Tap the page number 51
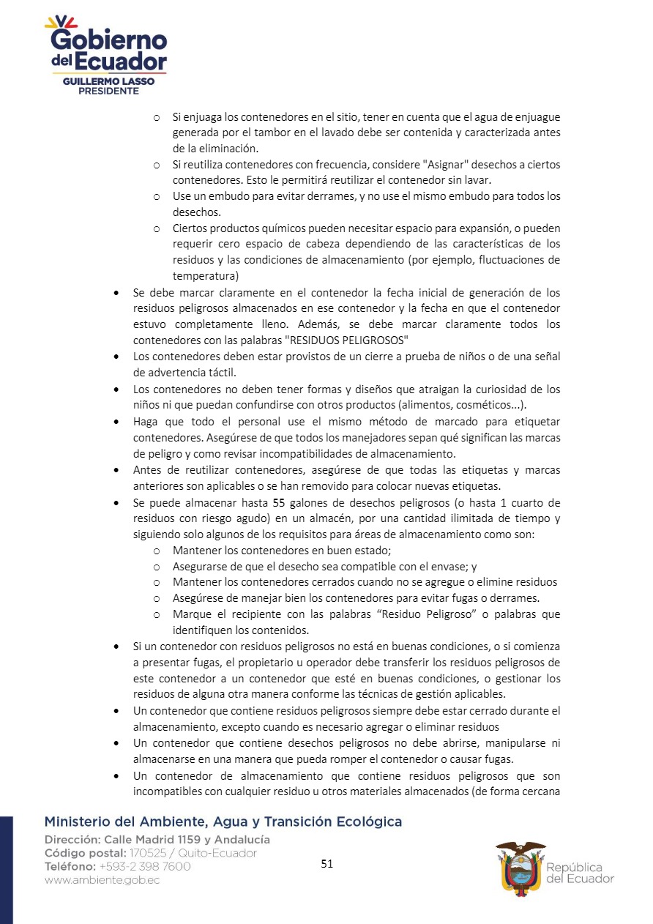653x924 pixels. [327, 864]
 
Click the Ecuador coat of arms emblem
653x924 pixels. [520, 865]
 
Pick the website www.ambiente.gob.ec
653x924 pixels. [102, 880]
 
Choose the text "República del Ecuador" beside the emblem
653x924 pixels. [580, 873]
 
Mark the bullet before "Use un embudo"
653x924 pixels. [157, 197]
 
